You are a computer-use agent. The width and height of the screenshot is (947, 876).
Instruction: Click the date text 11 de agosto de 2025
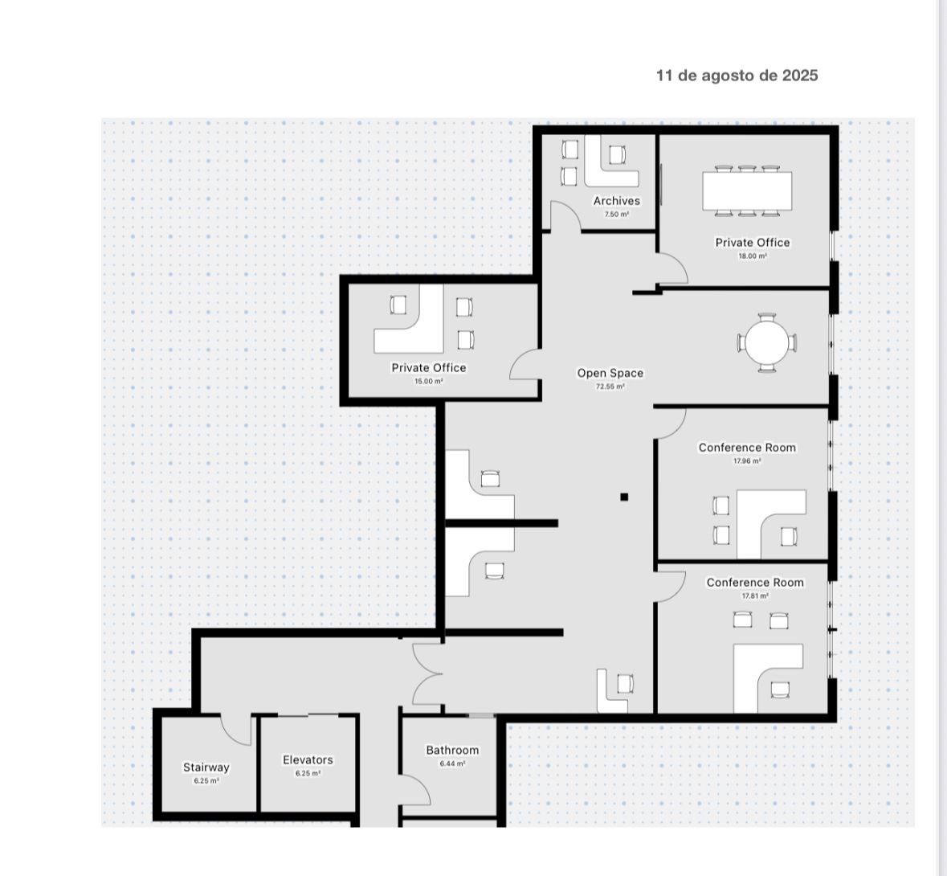(737, 76)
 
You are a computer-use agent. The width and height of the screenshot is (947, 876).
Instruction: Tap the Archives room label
(617, 201)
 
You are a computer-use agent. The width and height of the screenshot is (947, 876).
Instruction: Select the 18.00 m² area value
(753, 256)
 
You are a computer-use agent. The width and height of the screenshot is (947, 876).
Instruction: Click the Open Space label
(610, 373)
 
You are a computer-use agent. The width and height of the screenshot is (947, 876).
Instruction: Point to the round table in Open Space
(767, 342)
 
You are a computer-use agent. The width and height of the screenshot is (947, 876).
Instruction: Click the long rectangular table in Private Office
(747, 191)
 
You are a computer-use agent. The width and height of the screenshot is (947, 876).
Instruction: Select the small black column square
(624, 497)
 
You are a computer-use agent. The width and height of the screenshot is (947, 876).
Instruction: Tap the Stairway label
(206, 768)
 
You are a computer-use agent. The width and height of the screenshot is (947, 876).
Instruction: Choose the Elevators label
(308, 760)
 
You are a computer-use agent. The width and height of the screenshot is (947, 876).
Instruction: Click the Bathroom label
(452, 751)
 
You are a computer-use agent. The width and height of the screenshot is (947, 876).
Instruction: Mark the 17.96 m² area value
(747, 461)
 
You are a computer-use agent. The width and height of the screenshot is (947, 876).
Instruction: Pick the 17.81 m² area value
(755, 596)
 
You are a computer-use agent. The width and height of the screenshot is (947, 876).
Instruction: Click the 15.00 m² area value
(429, 382)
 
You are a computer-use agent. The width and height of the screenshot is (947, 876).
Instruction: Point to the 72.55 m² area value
(610, 387)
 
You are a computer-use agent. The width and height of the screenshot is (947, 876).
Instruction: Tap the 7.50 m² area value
(617, 215)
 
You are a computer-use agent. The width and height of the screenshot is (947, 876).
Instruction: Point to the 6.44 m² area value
(452, 763)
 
